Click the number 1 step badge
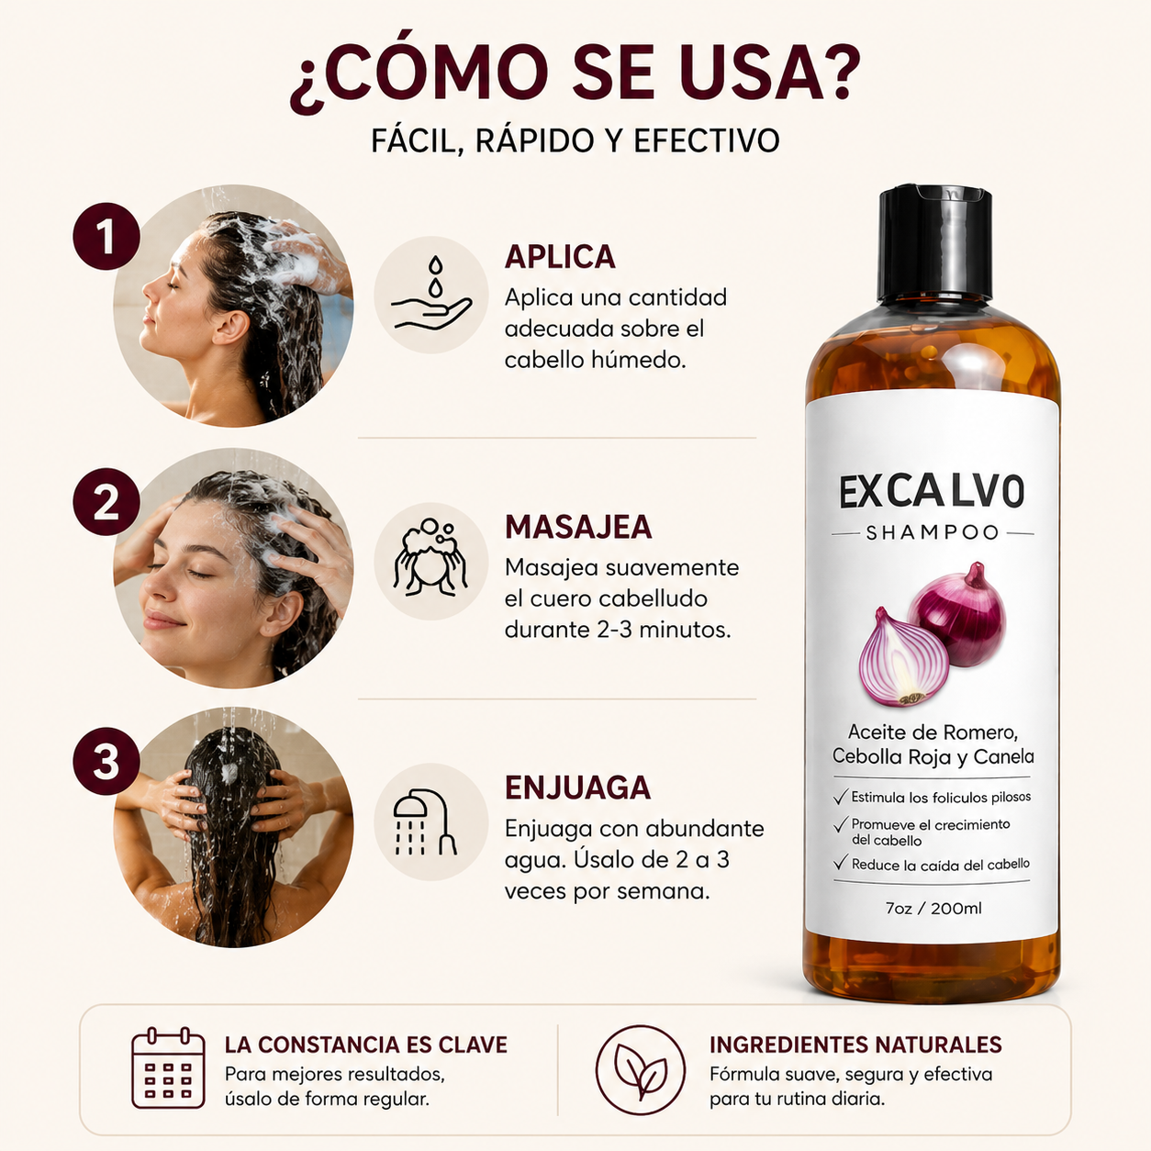106,237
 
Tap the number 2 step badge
106,502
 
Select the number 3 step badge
106,762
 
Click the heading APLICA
560,257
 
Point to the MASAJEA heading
578,527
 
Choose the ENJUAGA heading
577,788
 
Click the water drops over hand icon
431,294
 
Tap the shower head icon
424,822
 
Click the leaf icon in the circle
641,1070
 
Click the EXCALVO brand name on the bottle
932,492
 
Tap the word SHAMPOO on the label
933,532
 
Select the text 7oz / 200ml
933,909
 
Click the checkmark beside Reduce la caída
841,863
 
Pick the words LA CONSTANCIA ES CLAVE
366,1045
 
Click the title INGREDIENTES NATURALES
855,1045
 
